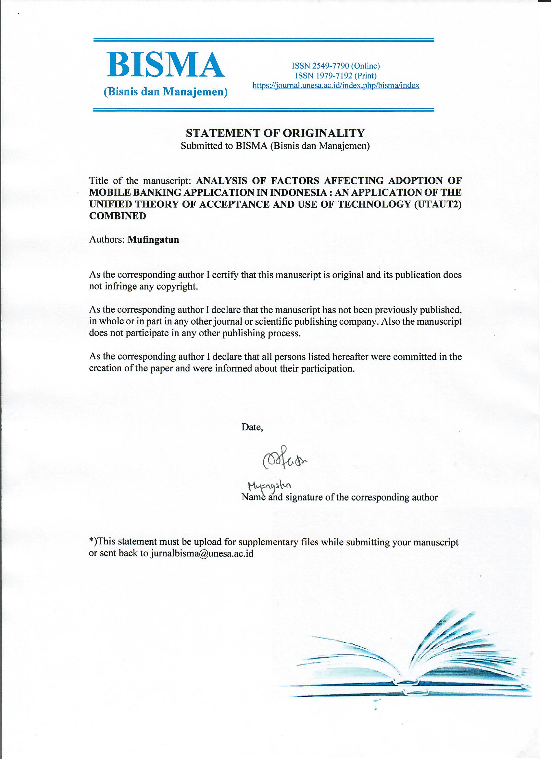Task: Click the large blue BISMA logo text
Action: tap(165, 65)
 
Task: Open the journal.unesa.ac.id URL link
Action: tap(336, 86)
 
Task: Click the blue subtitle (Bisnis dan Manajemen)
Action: tap(166, 92)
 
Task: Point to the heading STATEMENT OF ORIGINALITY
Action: tap(275, 133)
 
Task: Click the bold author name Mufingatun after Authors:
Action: tap(153, 240)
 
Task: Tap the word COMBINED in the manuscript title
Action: tap(118, 216)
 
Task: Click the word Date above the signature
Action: tap(252, 427)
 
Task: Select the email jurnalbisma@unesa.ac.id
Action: tap(202, 553)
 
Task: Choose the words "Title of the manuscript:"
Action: tap(140, 181)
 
